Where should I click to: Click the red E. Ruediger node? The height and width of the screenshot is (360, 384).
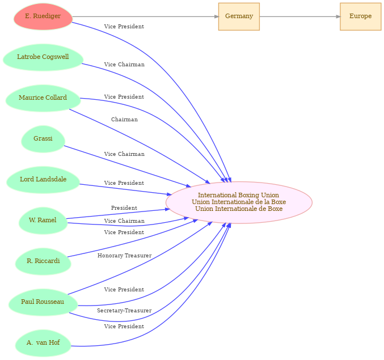43,16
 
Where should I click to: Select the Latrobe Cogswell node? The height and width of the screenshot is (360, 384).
43,57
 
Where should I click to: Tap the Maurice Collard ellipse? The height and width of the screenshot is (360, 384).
43,99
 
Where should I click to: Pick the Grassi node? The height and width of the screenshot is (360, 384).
43,139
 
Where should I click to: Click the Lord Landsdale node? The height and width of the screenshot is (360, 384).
43,180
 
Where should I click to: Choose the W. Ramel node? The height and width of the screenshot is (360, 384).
43,221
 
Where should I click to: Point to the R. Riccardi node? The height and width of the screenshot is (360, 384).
43,261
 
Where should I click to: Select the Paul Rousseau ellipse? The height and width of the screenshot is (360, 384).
43,303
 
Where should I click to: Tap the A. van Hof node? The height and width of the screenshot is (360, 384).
43,344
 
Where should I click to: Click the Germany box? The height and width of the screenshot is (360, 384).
239,16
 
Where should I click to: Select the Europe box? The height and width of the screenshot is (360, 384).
361,16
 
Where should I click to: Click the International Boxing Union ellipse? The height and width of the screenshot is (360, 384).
239,202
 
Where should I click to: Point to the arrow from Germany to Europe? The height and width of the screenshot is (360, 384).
300,16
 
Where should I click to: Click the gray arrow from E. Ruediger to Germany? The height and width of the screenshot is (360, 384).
145,16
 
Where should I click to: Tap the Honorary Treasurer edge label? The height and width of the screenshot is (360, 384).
124,256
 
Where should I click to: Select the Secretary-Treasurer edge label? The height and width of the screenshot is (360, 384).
124,311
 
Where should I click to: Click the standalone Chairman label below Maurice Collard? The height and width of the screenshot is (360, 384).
124,120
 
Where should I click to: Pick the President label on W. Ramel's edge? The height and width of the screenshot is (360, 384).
124,207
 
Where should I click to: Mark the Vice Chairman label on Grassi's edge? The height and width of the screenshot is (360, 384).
124,154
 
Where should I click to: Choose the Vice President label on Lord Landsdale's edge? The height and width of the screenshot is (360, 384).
124,183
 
